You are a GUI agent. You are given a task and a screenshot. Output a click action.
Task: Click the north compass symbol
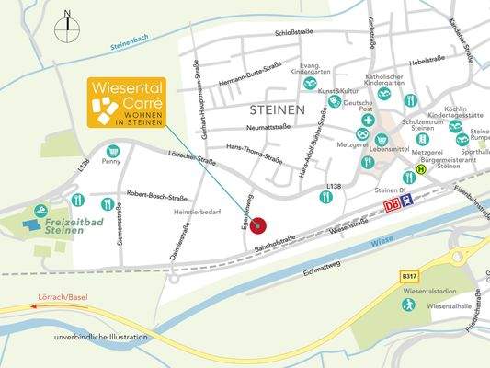(66, 29)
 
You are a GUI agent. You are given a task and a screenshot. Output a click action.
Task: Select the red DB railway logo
(393, 204)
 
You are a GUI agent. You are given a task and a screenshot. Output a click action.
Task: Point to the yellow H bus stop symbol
(421, 169)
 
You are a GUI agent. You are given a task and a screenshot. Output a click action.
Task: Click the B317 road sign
(409, 274)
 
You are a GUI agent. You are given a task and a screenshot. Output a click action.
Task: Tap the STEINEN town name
(277, 109)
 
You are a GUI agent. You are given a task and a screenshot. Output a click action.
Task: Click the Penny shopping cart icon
(112, 151)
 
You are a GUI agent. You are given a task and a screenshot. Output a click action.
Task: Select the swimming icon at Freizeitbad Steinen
(40, 211)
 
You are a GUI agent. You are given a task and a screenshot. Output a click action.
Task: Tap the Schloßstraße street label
(294, 33)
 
